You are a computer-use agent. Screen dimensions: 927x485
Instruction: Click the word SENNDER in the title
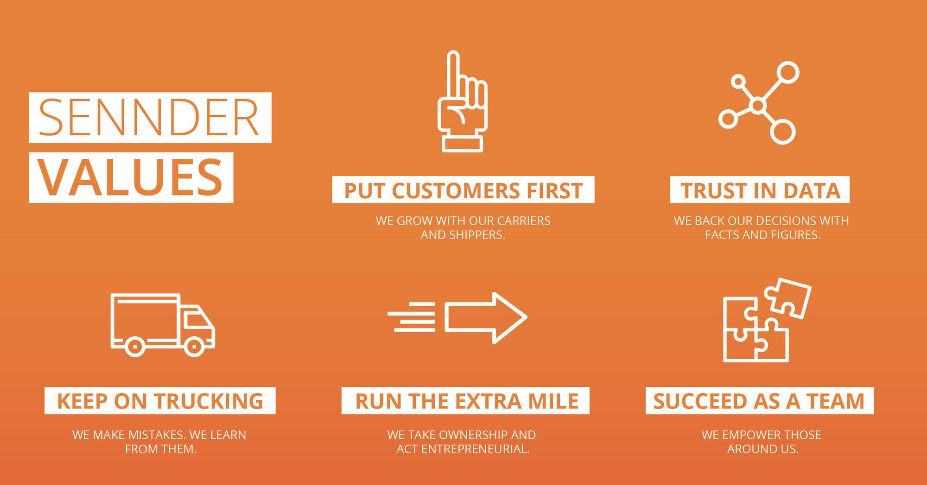[149, 118]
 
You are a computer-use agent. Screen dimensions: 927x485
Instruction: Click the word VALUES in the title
[130, 177]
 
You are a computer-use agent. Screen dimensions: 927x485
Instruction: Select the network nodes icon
[759, 102]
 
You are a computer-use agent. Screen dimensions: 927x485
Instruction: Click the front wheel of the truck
[194, 346]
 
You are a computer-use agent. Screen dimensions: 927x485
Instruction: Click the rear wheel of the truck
[135, 346]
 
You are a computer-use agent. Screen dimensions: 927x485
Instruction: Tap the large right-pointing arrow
[486, 318]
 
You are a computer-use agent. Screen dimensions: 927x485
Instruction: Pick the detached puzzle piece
[787, 298]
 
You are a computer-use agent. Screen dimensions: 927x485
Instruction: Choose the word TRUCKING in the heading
[209, 401]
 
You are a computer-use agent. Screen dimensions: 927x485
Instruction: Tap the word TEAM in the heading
[835, 401]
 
